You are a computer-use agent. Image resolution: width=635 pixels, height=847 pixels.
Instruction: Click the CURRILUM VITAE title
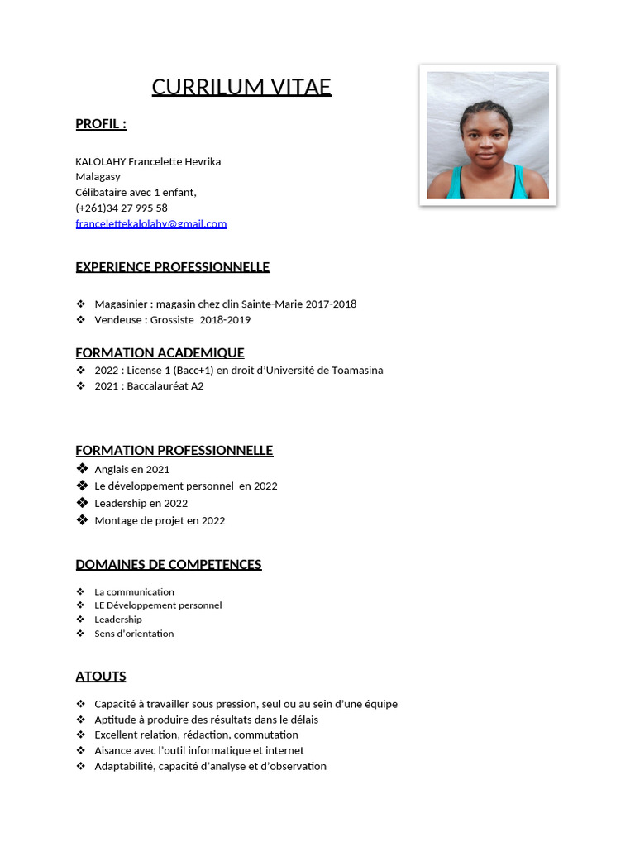pyautogui.click(x=241, y=87)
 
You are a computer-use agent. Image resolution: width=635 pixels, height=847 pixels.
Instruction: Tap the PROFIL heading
pyautogui.click(x=101, y=124)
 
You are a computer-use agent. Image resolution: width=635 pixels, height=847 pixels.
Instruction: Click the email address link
pyautogui.click(x=150, y=223)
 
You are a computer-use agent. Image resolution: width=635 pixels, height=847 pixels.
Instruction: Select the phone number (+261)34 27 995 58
pyautogui.click(x=122, y=208)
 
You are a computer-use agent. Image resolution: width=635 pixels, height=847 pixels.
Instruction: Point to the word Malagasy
pyautogui.click(x=98, y=176)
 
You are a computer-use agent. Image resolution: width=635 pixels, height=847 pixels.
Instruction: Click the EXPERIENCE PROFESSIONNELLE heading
pyautogui.click(x=172, y=267)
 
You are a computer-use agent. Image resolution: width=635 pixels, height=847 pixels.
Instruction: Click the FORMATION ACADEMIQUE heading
pyautogui.click(x=160, y=352)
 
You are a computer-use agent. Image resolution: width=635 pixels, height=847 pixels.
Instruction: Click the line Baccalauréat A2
pyautogui.click(x=165, y=385)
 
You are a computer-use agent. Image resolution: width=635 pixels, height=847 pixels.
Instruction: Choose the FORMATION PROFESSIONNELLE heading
pyautogui.click(x=174, y=451)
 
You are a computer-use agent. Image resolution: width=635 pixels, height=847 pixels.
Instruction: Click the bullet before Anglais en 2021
pyautogui.click(x=81, y=469)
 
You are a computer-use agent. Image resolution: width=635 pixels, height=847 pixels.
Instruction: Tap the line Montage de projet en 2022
pyautogui.click(x=160, y=520)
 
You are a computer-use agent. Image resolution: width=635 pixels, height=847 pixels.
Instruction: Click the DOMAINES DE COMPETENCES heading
pyautogui.click(x=169, y=565)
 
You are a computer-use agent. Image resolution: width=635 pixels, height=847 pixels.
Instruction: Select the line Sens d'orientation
pyautogui.click(x=134, y=634)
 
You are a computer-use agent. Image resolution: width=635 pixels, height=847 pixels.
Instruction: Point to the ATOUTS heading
pyautogui.click(x=101, y=677)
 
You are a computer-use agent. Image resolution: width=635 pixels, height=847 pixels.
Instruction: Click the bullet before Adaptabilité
pyautogui.click(x=80, y=766)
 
